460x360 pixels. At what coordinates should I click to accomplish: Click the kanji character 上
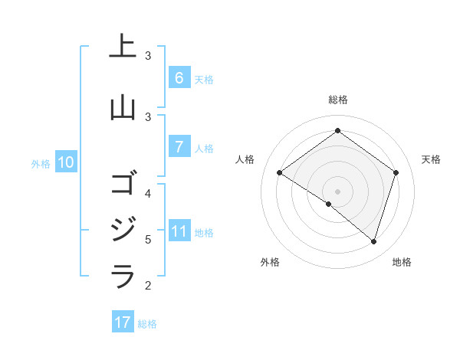click(x=123, y=47)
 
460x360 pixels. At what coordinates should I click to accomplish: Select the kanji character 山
click(x=123, y=108)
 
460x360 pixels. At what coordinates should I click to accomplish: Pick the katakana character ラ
click(x=123, y=276)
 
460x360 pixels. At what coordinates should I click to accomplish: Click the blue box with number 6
click(x=179, y=78)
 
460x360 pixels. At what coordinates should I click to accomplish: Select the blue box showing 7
click(x=179, y=147)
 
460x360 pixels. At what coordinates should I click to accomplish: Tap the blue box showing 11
click(x=179, y=231)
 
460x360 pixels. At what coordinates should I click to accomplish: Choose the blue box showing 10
click(x=65, y=162)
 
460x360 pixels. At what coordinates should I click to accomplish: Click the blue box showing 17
click(x=123, y=322)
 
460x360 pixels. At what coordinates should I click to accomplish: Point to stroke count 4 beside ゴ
click(x=148, y=193)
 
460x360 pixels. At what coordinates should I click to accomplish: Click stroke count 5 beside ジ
click(x=148, y=239)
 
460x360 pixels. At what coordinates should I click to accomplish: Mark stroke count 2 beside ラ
click(x=148, y=286)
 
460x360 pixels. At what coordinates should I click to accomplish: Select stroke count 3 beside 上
click(x=148, y=56)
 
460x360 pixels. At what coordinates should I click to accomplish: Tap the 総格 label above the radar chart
click(x=337, y=100)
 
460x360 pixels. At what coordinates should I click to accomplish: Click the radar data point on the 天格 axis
click(x=396, y=172)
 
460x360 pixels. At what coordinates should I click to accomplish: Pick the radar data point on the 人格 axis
click(x=280, y=172)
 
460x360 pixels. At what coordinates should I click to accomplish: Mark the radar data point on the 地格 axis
click(x=373, y=241)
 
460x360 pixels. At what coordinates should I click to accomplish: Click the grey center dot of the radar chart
click(x=337, y=191)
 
